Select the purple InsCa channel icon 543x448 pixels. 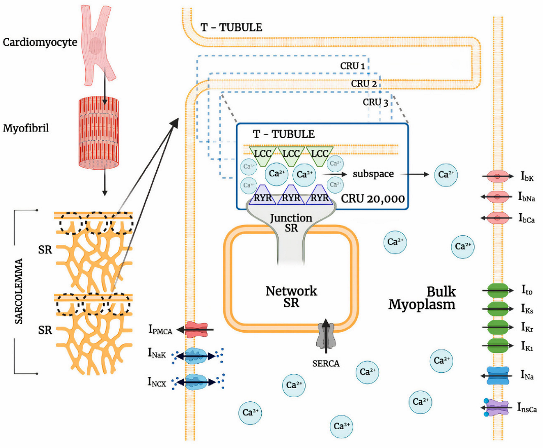[x=496, y=407]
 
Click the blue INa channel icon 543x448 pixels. [x=496, y=376]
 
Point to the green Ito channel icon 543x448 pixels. [x=496, y=291]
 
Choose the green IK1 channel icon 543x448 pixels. [x=496, y=346]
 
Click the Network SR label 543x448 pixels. [x=291, y=297]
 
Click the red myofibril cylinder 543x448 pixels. [x=104, y=133]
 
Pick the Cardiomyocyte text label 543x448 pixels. [x=40, y=42]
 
